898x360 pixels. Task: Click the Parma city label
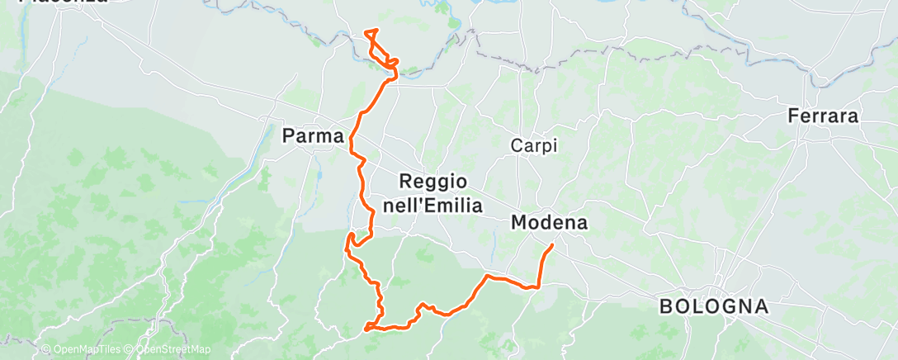pyautogui.click(x=313, y=135)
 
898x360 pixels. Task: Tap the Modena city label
pyautogui.click(x=549, y=222)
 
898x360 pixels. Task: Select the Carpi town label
pyautogui.click(x=534, y=146)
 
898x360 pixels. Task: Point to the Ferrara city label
pyautogui.click(x=823, y=116)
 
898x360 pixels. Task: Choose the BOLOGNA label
pyautogui.click(x=714, y=307)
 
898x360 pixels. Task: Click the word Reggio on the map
pyautogui.click(x=433, y=182)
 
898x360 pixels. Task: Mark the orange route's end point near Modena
pyautogui.click(x=552, y=244)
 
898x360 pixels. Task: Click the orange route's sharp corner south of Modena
pyautogui.click(x=537, y=287)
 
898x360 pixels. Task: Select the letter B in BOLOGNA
pyautogui.click(x=665, y=307)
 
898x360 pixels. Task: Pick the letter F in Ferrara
pyautogui.click(x=793, y=116)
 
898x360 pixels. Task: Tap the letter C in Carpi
pyautogui.click(x=516, y=146)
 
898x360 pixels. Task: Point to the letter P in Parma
pyautogui.click(x=289, y=135)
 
